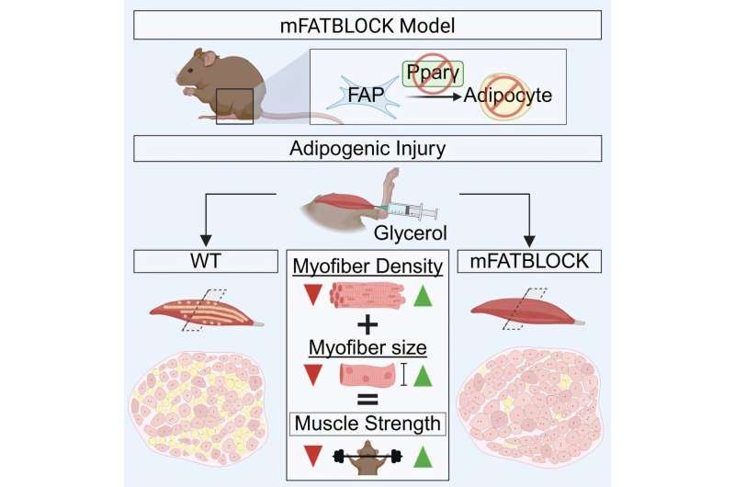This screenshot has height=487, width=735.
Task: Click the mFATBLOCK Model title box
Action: pyautogui.click(x=367, y=26)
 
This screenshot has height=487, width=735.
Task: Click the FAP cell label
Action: pyautogui.click(x=366, y=96)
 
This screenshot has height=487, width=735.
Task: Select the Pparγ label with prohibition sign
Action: pyautogui.click(x=433, y=74)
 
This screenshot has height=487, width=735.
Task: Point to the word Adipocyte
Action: pyautogui.click(x=508, y=96)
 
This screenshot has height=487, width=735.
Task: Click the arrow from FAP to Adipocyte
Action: pyautogui.click(x=434, y=97)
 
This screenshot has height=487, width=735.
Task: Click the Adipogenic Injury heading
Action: pyautogui.click(x=367, y=149)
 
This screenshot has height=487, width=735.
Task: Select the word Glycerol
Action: pyautogui.click(x=410, y=233)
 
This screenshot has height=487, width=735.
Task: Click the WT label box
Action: pyautogui.click(x=206, y=261)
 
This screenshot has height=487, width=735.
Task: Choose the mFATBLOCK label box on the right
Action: pyautogui.click(x=529, y=261)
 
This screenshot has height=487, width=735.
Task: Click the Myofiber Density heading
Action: pyautogui.click(x=367, y=266)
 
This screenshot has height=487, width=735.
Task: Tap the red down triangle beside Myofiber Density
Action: pyautogui.click(x=312, y=295)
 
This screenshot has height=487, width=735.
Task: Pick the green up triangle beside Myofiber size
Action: pyautogui.click(x=423, y=376)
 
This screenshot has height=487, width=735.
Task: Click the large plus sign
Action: pyautogui.click(x=367, y=324)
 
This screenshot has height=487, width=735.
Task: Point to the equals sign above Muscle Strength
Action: pyautogui.click(x=367, y=400)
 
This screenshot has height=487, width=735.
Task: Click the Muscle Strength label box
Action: pyautogui.click(x=367, y=424)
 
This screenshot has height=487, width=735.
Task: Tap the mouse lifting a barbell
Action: pyautogui.click(x=367, y=458)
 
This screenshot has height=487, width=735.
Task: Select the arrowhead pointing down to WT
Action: pyautogui.click(x=206, y=241)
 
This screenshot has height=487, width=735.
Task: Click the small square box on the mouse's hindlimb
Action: pyautogui.click(x=235, y=106)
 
